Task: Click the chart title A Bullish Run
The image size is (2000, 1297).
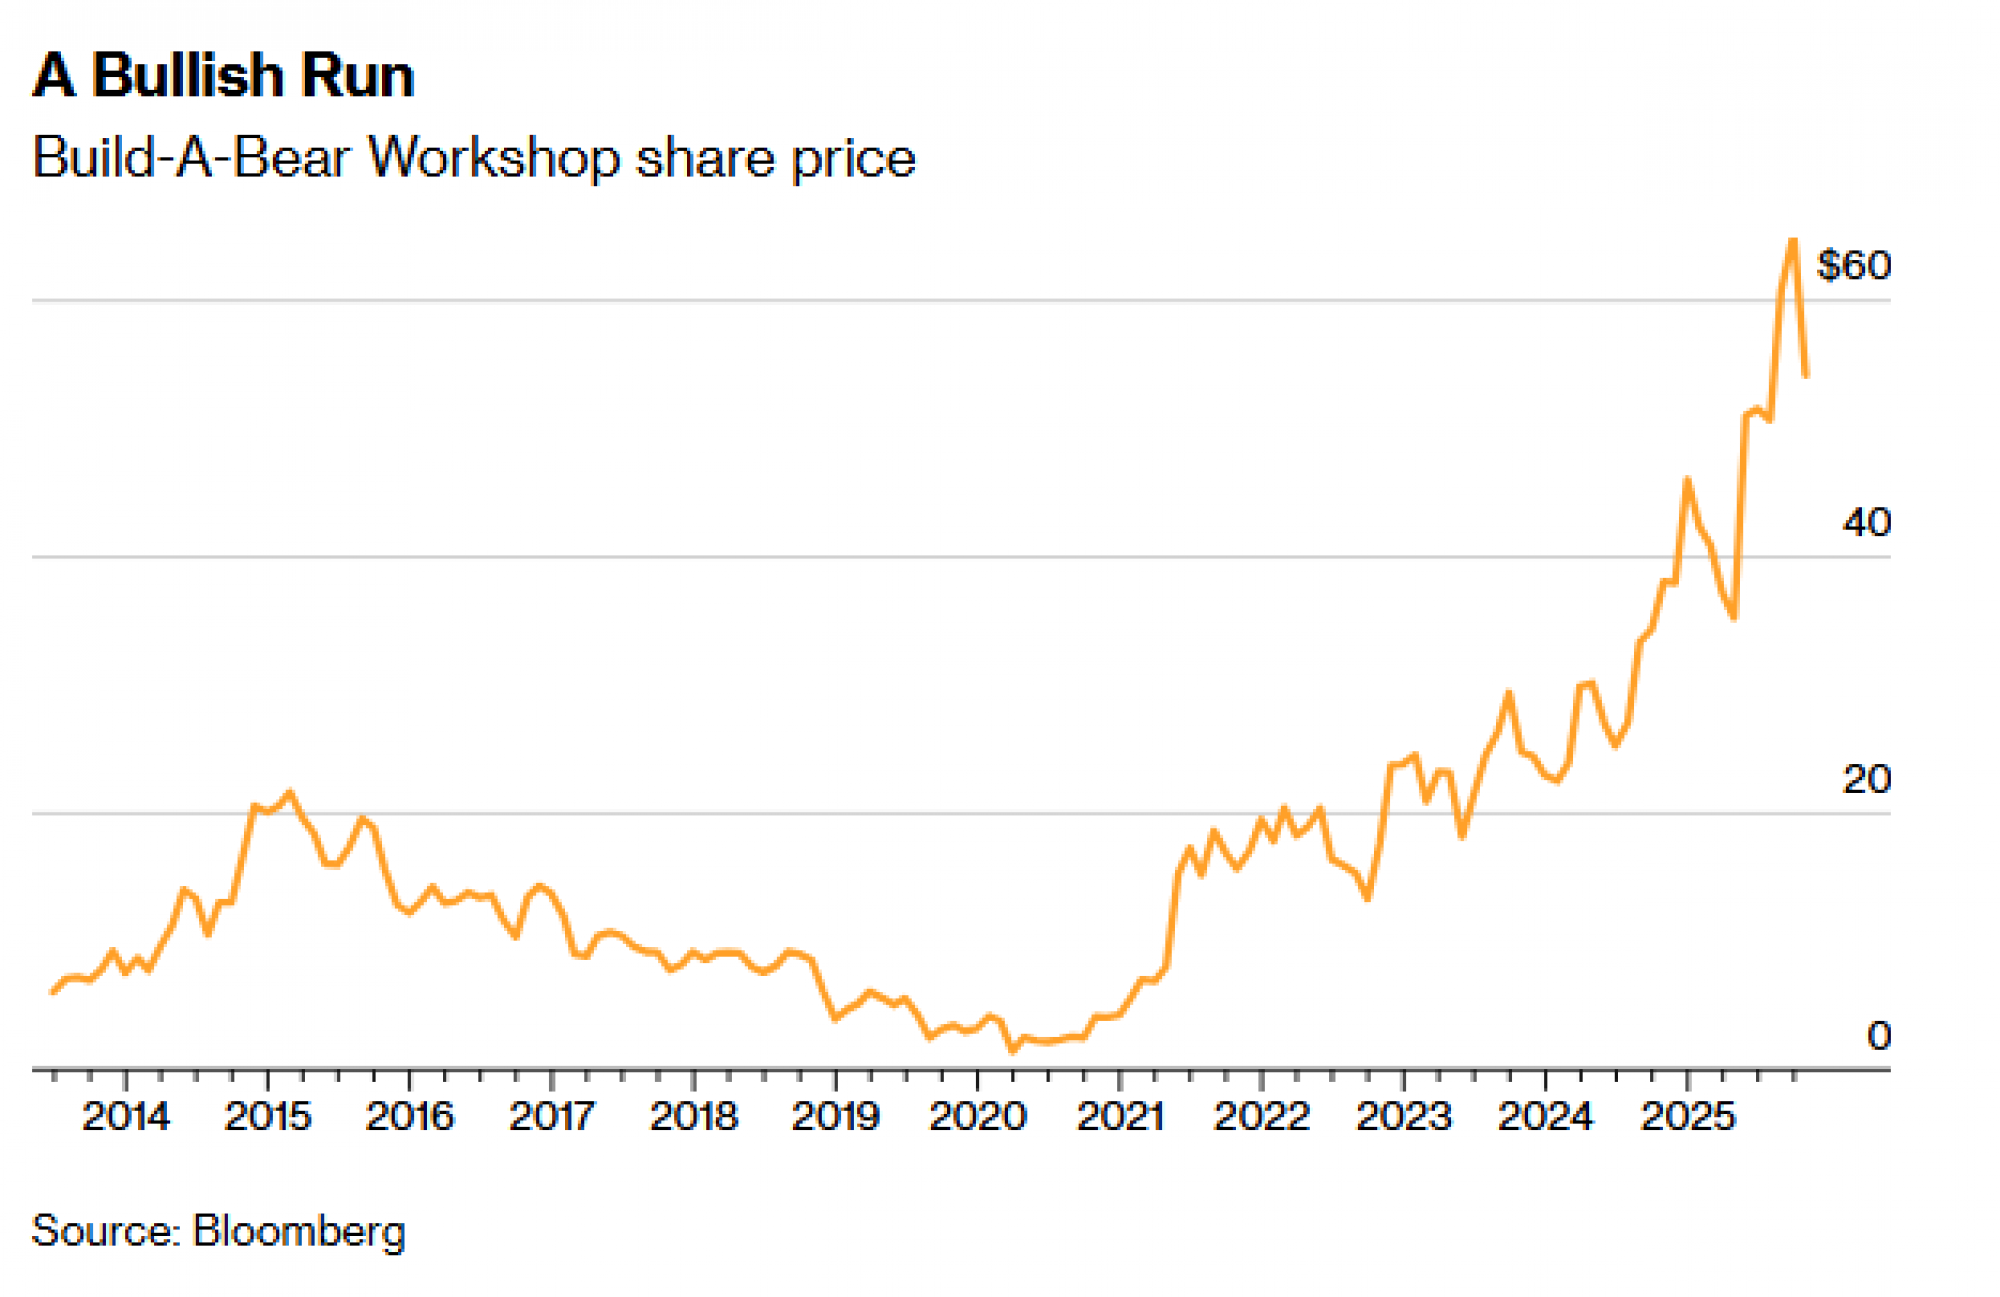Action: click(223, 76)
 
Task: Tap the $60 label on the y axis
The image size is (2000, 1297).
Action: click(1853, 265)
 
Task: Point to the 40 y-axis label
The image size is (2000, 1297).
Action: click(1866, 522)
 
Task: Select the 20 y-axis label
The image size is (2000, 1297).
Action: click(1866, 779)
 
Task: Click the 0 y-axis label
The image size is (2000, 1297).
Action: click(1878, 1036)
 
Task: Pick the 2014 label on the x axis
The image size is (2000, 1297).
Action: click(126, 1116)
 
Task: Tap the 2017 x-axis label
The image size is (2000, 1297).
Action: click(552, 1116)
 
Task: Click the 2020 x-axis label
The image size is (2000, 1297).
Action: click(977, 1116)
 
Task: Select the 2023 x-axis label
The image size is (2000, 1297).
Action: click(1403, 1116)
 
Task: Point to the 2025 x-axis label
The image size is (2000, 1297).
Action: click(1687, 1116)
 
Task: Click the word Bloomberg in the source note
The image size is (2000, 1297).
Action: click(299, 1231)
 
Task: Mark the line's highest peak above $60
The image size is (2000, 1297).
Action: click(1793, 240)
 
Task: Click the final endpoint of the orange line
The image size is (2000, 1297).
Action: click(1806, 376)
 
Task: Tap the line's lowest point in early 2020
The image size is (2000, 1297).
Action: click(1012, 1050)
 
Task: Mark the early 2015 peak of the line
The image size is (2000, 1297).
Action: click(290, 793)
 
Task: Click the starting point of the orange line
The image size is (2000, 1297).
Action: click(52, 992)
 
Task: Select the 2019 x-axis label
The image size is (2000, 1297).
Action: click(835, 1116)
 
